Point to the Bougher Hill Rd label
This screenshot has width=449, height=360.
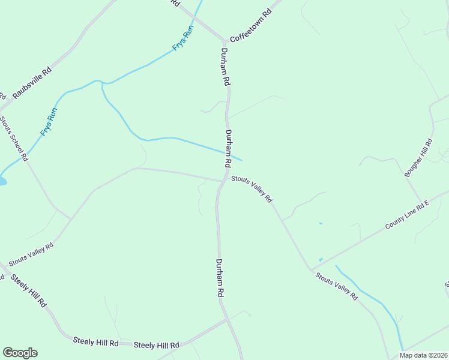coord(418,158)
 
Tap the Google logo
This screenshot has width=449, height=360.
coord(20,353)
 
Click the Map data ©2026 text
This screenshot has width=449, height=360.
coord(423,355)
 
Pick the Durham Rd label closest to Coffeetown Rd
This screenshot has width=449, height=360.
coord(226,67)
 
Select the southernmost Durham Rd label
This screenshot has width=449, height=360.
coord(220,278)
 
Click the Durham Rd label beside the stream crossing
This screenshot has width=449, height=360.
coord(229,148)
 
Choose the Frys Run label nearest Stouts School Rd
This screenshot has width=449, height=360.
coord(49,122)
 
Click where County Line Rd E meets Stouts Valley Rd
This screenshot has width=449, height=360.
coord(311,269)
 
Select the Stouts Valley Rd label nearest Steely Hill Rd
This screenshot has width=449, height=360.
coord(31,254)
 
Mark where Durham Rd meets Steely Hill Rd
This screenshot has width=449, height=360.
coord(228,319)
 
